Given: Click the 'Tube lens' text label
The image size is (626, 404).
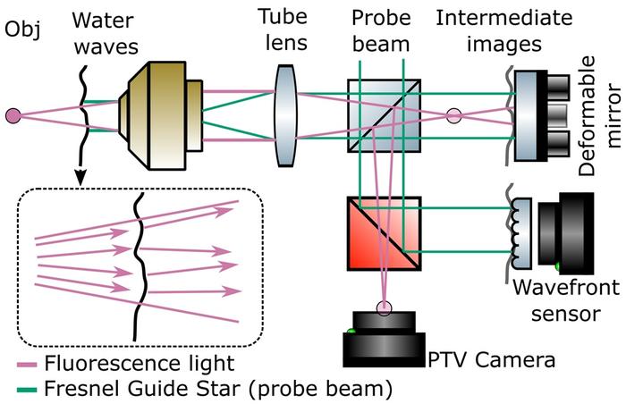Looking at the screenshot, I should pos(284,30).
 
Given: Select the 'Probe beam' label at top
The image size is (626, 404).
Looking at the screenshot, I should pos(381,30).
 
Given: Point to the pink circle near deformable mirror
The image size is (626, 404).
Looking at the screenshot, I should pos(453,115).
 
